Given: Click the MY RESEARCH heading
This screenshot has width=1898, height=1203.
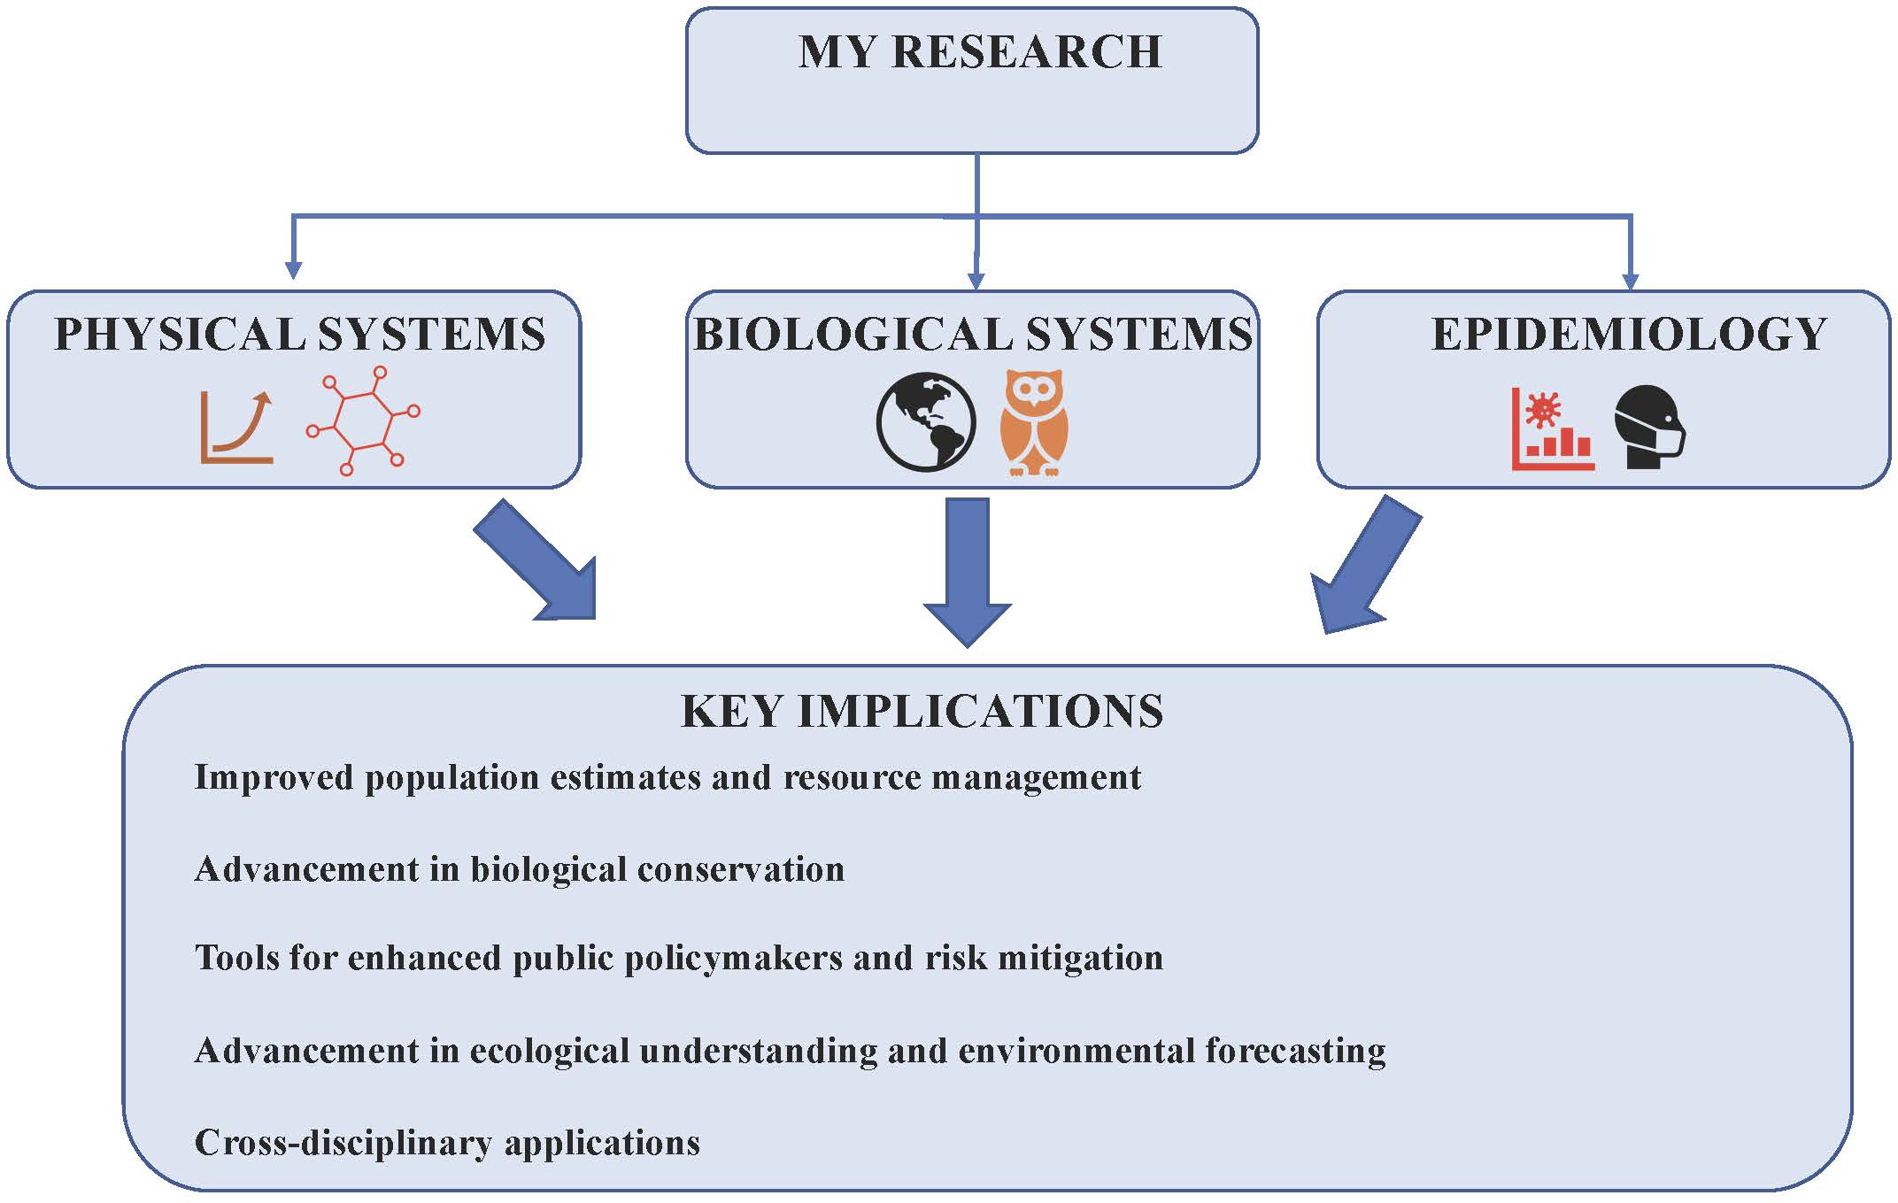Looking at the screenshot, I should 980,52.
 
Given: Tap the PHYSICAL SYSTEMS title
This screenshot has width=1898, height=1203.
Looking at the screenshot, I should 300,335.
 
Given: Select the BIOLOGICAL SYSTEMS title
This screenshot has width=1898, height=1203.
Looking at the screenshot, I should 973,335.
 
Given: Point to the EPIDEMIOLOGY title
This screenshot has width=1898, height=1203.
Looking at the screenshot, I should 1629,335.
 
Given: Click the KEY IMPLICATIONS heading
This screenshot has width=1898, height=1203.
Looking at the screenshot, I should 922,712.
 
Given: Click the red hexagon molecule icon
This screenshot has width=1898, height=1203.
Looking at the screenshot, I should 363,420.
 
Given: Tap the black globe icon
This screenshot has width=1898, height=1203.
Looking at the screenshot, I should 926,421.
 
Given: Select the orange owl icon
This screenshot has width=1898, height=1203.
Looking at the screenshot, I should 1034,423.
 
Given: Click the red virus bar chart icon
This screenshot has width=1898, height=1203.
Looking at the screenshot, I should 1552,428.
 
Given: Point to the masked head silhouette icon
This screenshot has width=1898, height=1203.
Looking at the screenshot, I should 1649,427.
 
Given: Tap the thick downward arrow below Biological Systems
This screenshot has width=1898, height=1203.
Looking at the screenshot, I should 967,571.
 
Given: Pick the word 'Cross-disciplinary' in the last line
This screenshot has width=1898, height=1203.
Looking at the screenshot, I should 343,1143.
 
